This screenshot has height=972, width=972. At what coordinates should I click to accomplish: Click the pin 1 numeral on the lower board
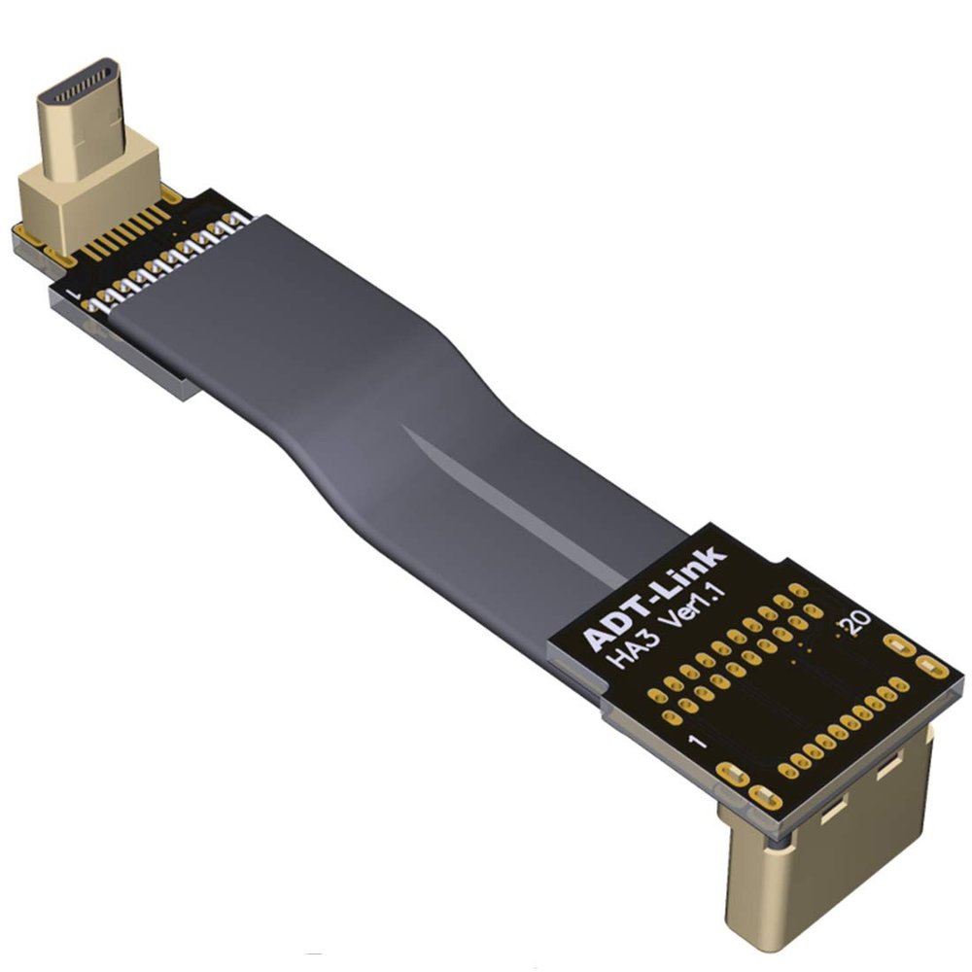coord(698,740)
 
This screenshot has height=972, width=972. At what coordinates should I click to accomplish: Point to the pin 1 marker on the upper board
coord(75,292)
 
